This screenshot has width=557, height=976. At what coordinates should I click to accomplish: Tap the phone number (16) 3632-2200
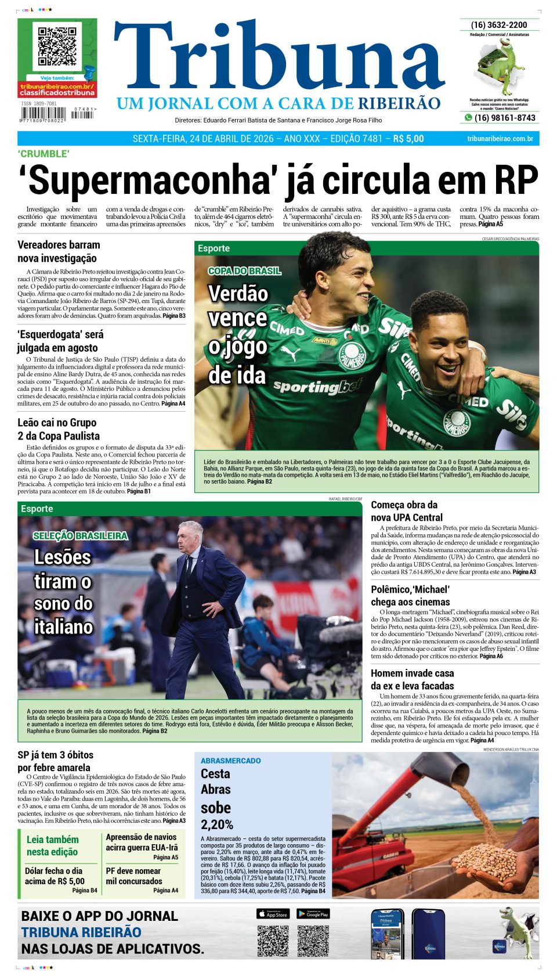coord(499,25)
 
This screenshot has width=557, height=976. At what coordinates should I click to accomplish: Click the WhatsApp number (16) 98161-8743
coord(505,118)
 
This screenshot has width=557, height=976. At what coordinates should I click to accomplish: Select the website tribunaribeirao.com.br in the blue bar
coord(500,139)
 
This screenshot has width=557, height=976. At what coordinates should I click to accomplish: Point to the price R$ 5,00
coord(408,139)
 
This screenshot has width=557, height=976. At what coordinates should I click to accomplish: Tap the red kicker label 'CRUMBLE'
coord(44,154)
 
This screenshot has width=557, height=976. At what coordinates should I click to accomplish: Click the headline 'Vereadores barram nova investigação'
coord(59,251)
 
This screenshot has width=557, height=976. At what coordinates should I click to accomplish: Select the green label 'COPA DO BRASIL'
coord(244,271)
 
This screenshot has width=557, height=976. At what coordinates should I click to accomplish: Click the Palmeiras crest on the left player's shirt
coord(351,354)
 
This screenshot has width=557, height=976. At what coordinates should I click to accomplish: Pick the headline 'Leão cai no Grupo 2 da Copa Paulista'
coord(59,429)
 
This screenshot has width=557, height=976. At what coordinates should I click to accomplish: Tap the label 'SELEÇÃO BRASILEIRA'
coord(80,536)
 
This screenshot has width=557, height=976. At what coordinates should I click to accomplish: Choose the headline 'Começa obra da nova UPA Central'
coord(407,511)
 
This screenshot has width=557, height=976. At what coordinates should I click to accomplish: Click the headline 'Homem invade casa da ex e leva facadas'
coord(413,679)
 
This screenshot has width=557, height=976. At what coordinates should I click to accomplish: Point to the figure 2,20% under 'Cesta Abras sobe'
coord(217,824)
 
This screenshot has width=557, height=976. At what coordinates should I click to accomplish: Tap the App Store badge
coord(273,914)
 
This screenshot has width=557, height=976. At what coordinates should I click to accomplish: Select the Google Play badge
coord(313,914)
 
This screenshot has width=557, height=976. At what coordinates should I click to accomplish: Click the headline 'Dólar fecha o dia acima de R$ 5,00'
coord(55,876)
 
